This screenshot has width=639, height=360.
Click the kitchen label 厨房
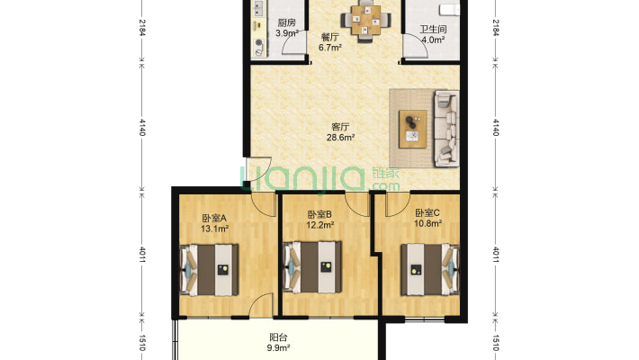coord(286,22)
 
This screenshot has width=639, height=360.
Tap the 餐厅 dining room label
coord(329,37)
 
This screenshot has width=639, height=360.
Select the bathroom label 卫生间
coord(433,30)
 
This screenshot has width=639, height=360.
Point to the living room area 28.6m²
coord(340,138)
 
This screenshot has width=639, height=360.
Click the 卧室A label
coord(214,218)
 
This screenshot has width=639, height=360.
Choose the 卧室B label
coord(319,214)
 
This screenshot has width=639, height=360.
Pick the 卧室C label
coord(427,212)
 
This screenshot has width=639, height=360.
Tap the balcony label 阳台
coord(278,337)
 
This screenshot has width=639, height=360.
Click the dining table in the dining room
coord(366,20)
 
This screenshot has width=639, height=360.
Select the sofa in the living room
coord(446,129)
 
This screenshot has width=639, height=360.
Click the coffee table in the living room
coord(413,129)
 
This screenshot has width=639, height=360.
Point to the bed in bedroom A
coord(210,270)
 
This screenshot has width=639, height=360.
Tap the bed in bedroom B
coord(312,267)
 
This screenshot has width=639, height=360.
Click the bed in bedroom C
coord(430,269)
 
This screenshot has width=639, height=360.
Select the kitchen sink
coord(258,9)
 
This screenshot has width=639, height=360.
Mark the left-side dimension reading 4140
coord(142,127)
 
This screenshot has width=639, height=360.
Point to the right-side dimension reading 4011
coord(496,255)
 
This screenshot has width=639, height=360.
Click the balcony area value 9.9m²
coord(278,348)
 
